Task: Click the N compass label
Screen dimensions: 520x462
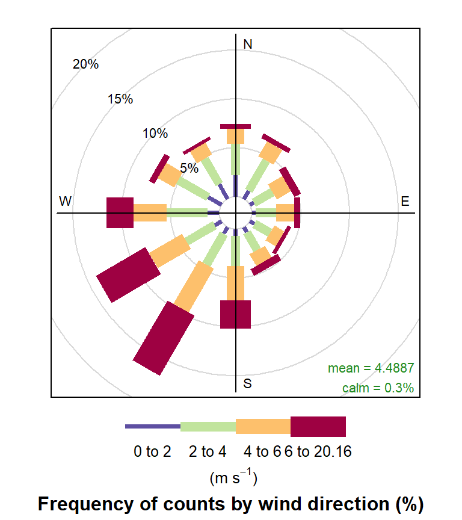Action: coord(247,44)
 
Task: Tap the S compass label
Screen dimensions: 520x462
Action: coord(247,383)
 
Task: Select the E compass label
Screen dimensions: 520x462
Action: coord(405,201)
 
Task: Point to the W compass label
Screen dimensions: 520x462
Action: coord(66,201)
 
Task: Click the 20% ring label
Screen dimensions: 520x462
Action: coord(85,64)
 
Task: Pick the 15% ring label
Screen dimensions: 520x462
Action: coord(120,99)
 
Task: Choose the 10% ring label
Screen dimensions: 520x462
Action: coord(155,134)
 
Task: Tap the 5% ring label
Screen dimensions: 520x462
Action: coord(189,169)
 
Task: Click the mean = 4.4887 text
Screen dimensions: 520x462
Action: coord(371,368)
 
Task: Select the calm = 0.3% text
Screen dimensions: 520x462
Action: coord(378,388)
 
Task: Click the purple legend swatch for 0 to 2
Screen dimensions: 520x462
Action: coord(153,426)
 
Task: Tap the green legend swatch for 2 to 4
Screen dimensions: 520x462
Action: coord(208,426)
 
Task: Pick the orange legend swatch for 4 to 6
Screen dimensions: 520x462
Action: coord(263,426)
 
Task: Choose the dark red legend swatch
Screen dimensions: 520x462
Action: coord(318,426)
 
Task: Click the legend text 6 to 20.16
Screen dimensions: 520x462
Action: coord(318,451)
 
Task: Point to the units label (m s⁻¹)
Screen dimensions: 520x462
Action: coord(233,478)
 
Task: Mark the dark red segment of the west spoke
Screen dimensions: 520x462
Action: coord(120,212)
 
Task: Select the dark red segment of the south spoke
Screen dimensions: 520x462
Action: coord(235,314)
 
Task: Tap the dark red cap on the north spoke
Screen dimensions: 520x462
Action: coord(235,126)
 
